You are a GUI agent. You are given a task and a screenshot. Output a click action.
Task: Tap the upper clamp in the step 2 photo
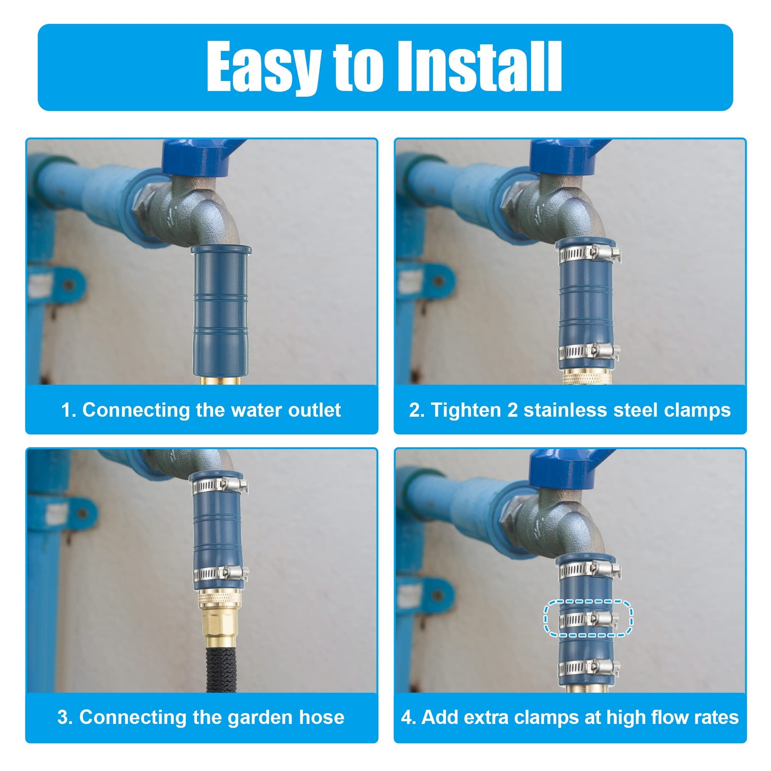589,254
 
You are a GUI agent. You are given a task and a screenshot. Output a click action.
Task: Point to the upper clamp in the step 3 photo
220,486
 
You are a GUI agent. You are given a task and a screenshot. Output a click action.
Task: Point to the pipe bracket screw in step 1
68,284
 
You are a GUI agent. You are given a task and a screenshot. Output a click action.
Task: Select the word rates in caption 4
716,718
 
